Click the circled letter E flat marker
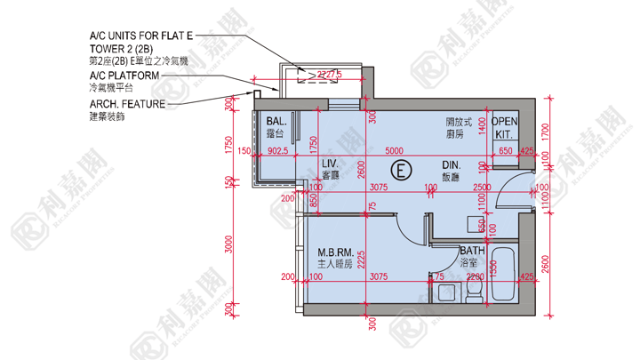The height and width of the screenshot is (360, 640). click(402, 168)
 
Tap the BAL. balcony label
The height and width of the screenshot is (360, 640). click(275, 121)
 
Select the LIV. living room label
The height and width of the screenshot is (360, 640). click(330, 164)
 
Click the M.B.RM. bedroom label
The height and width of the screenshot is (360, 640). click(335, 252)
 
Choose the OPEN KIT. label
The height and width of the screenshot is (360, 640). click(504, 127)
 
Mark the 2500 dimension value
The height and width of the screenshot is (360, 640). click(483, 187)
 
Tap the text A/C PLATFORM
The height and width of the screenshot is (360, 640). click(124, 76)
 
